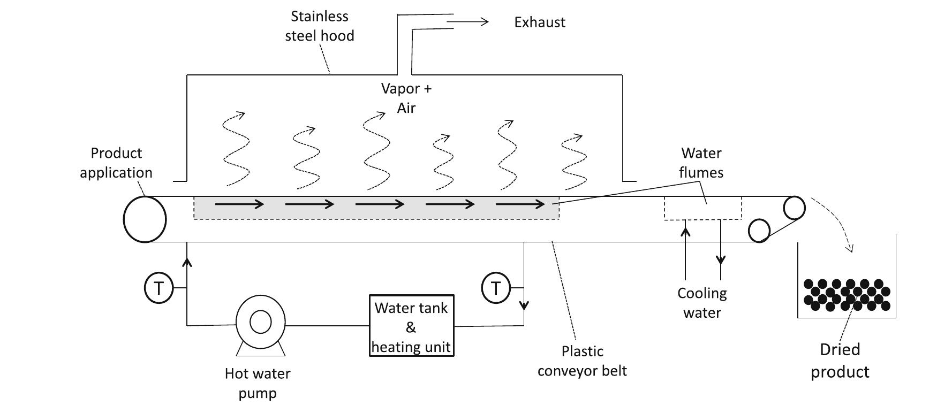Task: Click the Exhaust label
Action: click(539, 22)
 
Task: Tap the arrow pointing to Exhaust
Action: click(468, 22)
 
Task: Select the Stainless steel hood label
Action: click(319, 26)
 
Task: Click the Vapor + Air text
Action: click(406, 98)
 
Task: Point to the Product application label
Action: click(116, 163)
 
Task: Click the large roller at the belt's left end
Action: click(145, 219)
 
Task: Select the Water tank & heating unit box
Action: click(411, 326)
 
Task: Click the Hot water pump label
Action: click(258, 383)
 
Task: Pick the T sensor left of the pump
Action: click(158, 288)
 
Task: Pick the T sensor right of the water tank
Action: click(496, 288)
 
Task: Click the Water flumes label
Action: click(701, 163)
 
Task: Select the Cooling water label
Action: click(702, 303)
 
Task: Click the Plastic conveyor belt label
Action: click(582, 361)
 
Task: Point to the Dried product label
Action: click(840, 361)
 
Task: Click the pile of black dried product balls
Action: click(846, 295)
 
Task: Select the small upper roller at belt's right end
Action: click(795, 208)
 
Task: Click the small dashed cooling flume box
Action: click(702, 208)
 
